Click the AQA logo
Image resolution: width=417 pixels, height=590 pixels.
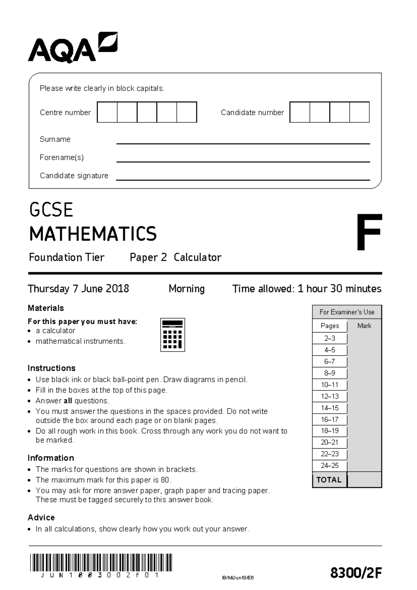[72, 48]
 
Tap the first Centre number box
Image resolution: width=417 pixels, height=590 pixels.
[107, 112]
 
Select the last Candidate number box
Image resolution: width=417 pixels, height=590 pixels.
[359, 112]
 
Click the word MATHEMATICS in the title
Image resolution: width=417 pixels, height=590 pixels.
[93, 234]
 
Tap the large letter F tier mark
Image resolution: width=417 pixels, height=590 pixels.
[369, 232]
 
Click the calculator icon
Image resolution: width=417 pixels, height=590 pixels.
[172, 335]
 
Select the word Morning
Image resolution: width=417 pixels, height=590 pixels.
[187, 289]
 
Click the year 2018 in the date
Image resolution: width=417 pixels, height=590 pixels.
[117, 289]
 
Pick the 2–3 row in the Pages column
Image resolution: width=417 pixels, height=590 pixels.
[329, 338]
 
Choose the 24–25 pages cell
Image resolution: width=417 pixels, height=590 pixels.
[329, 465]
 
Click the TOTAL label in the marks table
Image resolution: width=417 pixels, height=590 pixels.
[329, 480]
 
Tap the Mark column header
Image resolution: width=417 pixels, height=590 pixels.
[364, 326]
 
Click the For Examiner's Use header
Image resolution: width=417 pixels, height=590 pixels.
[347, 312]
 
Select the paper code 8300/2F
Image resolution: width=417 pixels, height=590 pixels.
[356, 572]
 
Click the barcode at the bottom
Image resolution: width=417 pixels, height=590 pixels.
[101, 562]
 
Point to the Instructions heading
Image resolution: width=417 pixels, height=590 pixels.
[51, 368]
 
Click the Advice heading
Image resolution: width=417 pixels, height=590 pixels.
[41, 517]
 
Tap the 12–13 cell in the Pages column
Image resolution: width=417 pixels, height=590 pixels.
[329, 396]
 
